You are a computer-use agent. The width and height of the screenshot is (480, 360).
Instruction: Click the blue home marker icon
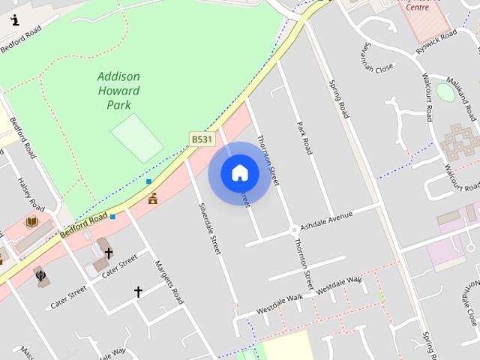(x=239, y=172)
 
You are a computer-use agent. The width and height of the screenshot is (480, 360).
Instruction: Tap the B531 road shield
(x=202, y=139)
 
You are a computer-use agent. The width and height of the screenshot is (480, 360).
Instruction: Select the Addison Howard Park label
(x=118, y=91)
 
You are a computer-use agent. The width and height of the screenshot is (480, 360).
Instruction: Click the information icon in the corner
(x=15, y=20)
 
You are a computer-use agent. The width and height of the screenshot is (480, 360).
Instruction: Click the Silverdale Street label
(x=210, y=228)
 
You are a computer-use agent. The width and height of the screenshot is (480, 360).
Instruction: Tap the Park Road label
(x=304, y=138)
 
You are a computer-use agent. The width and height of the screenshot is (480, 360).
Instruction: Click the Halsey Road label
(x=31, y=193)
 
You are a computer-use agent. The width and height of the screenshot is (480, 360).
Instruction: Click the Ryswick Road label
(x=436, y=40)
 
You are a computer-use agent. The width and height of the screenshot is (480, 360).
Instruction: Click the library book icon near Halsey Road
(x=32, y=222)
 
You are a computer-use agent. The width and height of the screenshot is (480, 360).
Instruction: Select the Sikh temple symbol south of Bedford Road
(x=40, y=275)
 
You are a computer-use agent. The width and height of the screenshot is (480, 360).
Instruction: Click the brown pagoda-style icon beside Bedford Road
(x=153, y=198)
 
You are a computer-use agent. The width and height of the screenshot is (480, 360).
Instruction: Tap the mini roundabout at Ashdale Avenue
(x=293, y=229)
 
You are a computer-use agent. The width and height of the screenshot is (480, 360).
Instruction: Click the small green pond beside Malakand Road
(x=445, y=91)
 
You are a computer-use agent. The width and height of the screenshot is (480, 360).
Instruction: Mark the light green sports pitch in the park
(x=136, y=137)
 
